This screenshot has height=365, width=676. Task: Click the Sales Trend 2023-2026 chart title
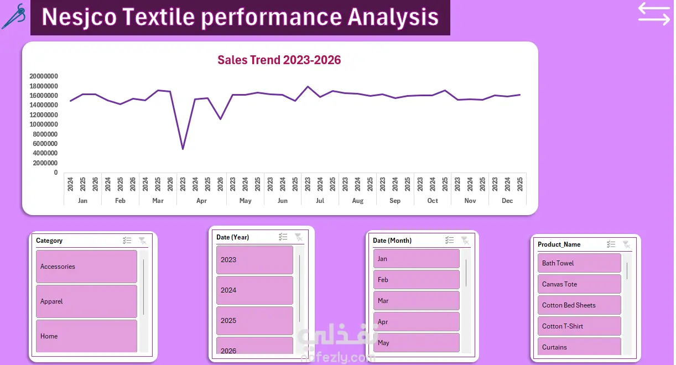[x=279, y=60]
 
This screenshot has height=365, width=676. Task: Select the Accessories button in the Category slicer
[x=86, y=267]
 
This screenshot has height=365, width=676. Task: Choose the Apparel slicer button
[x=86, y=301]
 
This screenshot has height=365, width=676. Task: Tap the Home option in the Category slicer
[x=86, y=336]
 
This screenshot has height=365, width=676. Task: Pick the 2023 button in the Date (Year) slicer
[x=254, y=260]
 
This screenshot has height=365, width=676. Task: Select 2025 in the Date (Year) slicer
[x=254, y=321]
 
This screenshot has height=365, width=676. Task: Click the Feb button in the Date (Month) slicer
[x=417, y=280]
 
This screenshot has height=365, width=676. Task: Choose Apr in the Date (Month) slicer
[x=417, y=321]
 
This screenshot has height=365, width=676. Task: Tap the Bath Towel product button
[x=579, y=263]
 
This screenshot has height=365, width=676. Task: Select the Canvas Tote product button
[x=579, y=284]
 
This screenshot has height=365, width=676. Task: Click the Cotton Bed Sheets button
[x=579, y=305]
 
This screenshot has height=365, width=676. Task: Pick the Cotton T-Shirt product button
[x=579, y=326]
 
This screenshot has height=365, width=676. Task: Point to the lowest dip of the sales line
[x=183, y=149]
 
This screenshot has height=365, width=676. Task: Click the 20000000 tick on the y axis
[x=44, y=76]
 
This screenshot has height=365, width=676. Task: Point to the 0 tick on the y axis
[x=56, y=173]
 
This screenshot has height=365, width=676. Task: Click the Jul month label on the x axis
[x=320, y=201]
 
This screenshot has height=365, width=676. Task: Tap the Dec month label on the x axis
[x=507, y=201]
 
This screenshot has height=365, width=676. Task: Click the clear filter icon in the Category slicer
[x=142, y=241]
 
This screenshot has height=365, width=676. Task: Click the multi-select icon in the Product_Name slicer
[x=611, y=244]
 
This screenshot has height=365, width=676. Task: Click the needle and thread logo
[x=14, y=17]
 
